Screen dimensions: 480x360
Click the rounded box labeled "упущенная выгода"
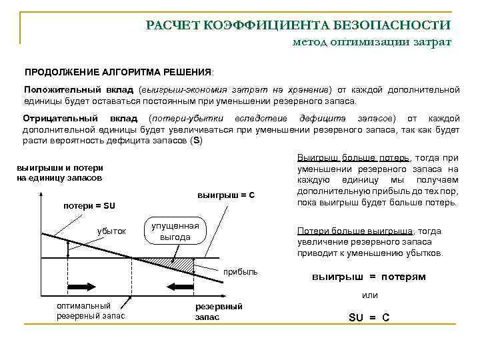tap(175, 231)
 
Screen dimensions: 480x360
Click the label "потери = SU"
tap(89, 205)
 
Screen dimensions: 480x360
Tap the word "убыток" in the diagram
tap(111, 231)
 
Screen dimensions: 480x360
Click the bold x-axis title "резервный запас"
tap(219, 311)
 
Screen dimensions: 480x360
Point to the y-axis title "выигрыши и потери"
tap(59, 168)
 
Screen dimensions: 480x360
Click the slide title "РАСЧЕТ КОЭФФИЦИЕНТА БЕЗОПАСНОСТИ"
tap(298, 25)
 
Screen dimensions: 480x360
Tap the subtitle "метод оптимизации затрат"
tap(372, 42)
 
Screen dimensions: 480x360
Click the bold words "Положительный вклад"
tap(80, 89)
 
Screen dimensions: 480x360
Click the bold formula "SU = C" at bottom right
tap(369, 317)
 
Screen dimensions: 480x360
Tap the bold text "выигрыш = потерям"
tap(369, 276)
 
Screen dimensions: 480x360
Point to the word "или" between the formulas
tap(369, 295)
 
